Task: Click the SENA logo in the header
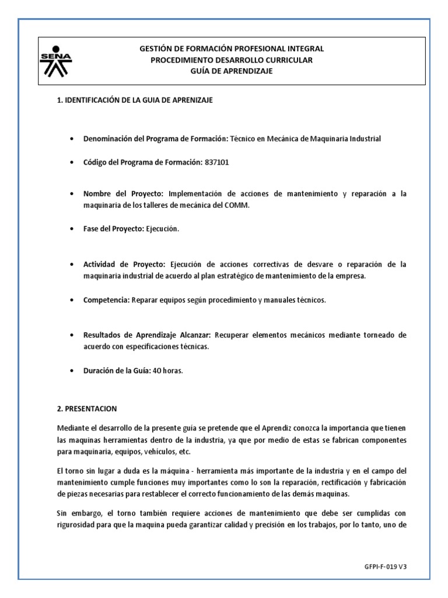(x=55, y=61)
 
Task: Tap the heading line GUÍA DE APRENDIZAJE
(x=231, y=71)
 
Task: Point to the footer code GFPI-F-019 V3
(x=385, y=566)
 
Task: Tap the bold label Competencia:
(x=106, y=300)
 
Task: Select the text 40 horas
(x=167, y=370)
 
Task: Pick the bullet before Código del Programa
(x=71, y=162)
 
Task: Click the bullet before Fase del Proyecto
(x=71, y=229)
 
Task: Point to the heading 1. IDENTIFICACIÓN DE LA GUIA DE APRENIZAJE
(x=135, y=100)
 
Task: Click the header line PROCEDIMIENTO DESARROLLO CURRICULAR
(x=232, y=60)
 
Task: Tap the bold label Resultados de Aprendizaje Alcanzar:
(x=147, y=335)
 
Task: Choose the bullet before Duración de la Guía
(x=71, y=371)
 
